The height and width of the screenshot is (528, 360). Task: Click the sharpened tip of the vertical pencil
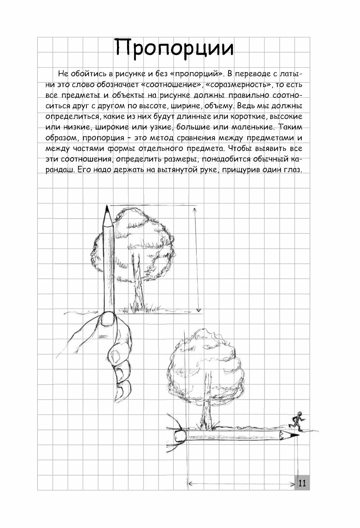pyautogui.click(x=107, y=208)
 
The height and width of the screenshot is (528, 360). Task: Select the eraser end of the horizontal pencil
pyautogui.click(x=179, y=436)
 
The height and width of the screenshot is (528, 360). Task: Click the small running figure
pyautogui.click(x=297, y=419)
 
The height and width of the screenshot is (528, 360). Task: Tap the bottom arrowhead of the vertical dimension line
pyautogui.click(x=198, y=310)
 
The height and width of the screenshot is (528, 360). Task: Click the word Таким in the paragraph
pyautogui.click(x=290, y=128)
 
